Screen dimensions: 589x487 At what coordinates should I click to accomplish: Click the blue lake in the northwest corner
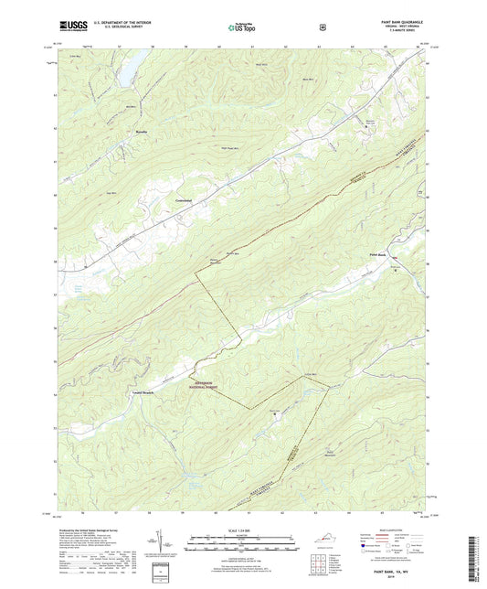pos(131,62)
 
